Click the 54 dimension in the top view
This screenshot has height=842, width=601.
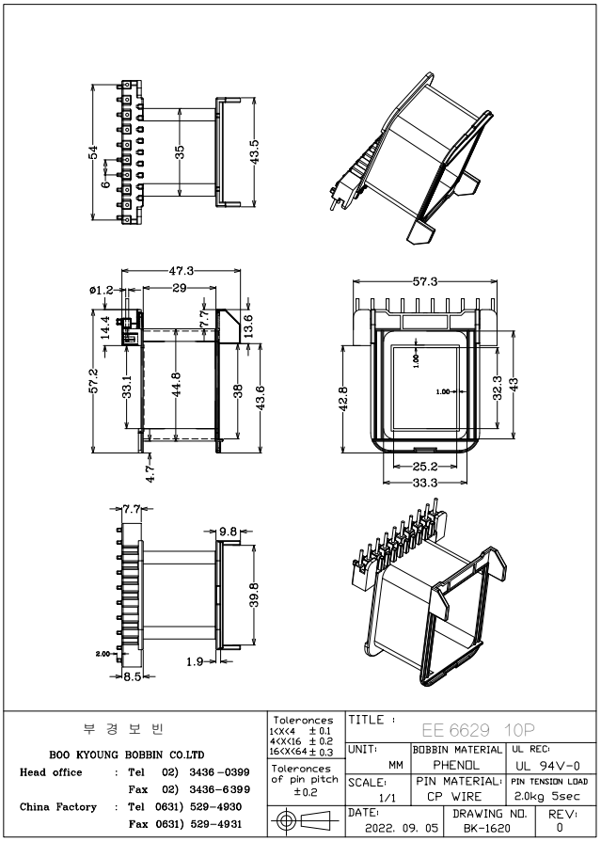click(94, 152)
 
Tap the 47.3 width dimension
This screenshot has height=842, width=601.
click(182, 271)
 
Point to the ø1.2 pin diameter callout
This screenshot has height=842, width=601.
click(103, 290)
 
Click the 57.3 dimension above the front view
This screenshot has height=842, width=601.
click(425, 281)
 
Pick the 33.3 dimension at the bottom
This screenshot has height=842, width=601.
click(426, 483)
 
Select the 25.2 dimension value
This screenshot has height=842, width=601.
click(426, 466)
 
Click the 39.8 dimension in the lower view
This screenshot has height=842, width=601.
click(254, 595)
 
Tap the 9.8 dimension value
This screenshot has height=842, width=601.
click(229, 532)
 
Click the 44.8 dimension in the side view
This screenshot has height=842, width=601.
click(177, 385)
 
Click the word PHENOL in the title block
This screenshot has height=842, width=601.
click(455, 765)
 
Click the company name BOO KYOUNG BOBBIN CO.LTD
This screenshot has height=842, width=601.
click(127, 755)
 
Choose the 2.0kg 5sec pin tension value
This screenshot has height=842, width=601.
click(550, 796)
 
